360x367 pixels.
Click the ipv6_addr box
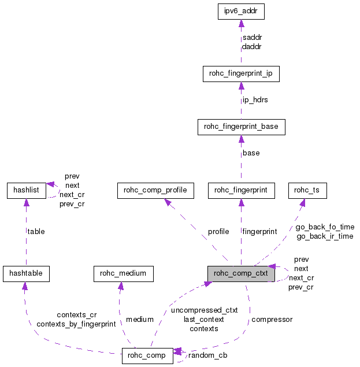(x=241, y=11)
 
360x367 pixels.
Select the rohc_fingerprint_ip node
(x=241, y=74)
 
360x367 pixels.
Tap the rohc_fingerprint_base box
(x=241, y=127)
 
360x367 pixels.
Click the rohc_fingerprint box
(x=241, y=190)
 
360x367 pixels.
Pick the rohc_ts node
(x=306, y=190)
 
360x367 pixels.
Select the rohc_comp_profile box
(x=155, y=190)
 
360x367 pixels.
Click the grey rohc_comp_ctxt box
(x=241, y=273)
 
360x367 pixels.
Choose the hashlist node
(x=26, y=190)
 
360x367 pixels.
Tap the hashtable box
(x=26, y=273)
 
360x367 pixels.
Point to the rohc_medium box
(x=123, y=273)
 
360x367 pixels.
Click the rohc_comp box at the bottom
(x=148, y=356)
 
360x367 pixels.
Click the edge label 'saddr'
(x=253, y=37)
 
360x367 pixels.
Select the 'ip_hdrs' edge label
(x=255, y=100)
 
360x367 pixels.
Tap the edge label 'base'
(x=251, y=153)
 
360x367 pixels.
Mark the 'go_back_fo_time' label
(x=325, y=227)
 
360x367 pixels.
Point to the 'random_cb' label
(x=205, y=355)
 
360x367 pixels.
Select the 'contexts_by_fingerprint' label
(x=76, y=324)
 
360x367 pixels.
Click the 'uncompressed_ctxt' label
(x=204, y=310)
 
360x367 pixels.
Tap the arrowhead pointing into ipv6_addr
(x=241, y=24)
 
